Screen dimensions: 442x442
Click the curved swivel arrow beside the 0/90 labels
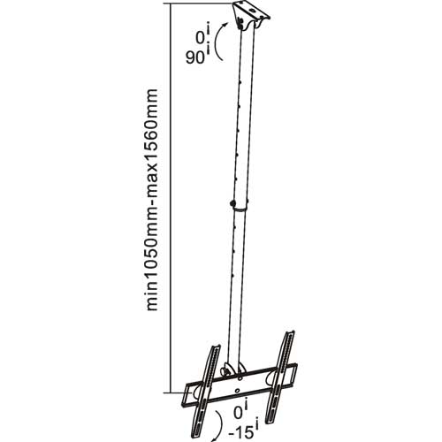(224, 44)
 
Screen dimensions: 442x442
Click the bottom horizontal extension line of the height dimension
(177, 392)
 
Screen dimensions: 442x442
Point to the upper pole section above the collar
(243, 115)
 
